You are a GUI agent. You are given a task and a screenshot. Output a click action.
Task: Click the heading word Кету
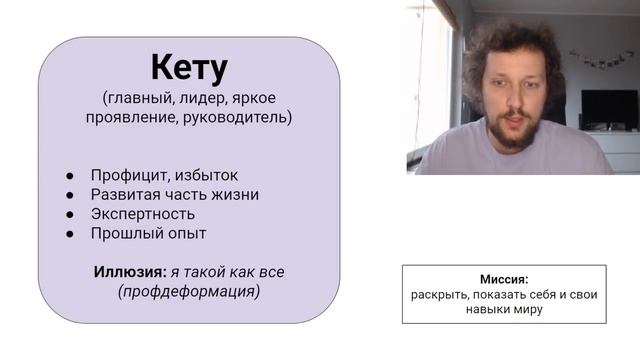[189, 68]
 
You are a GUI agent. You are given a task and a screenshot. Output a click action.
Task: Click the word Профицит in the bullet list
[126, 175]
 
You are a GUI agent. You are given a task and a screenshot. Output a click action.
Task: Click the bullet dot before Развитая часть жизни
[71, 195]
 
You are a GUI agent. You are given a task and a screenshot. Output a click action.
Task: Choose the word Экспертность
[143, 214]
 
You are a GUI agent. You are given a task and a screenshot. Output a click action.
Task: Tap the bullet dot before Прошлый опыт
[71, 234]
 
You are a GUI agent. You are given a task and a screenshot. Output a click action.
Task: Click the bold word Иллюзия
[129, 272]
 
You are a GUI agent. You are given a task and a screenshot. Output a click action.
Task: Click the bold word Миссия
[504, 280]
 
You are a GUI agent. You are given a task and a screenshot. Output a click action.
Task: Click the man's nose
[507, 100]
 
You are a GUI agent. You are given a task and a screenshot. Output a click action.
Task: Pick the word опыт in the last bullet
[186, 234]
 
